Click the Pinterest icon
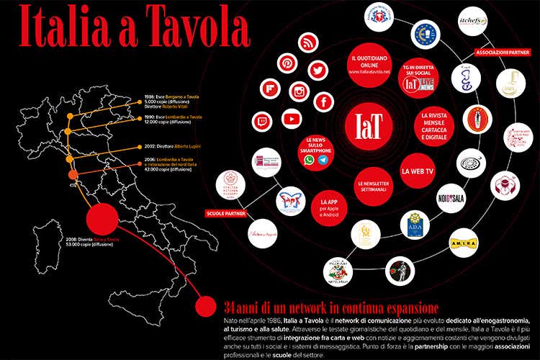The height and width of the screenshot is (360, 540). point(287,63)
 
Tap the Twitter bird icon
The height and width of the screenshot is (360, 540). point(318,71)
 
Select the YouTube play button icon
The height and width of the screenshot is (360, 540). point(291,119)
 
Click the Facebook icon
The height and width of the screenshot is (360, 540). point(324,102)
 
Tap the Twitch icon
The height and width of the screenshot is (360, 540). point(260,121)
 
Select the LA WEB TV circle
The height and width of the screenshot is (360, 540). point(418,171)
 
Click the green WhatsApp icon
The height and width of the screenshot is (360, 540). point(310,160)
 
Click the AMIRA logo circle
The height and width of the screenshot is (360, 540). point(464,243)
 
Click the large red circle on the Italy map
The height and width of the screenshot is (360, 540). point(102,220)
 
